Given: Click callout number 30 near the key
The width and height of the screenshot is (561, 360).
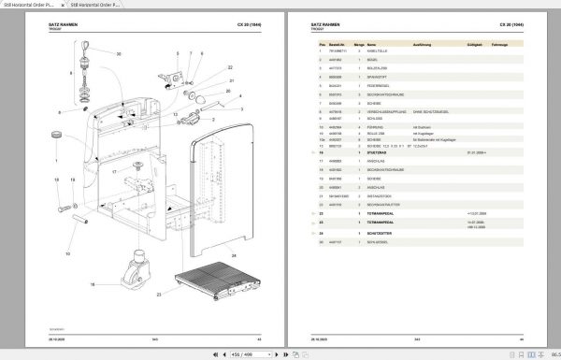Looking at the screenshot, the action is [119, 54].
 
